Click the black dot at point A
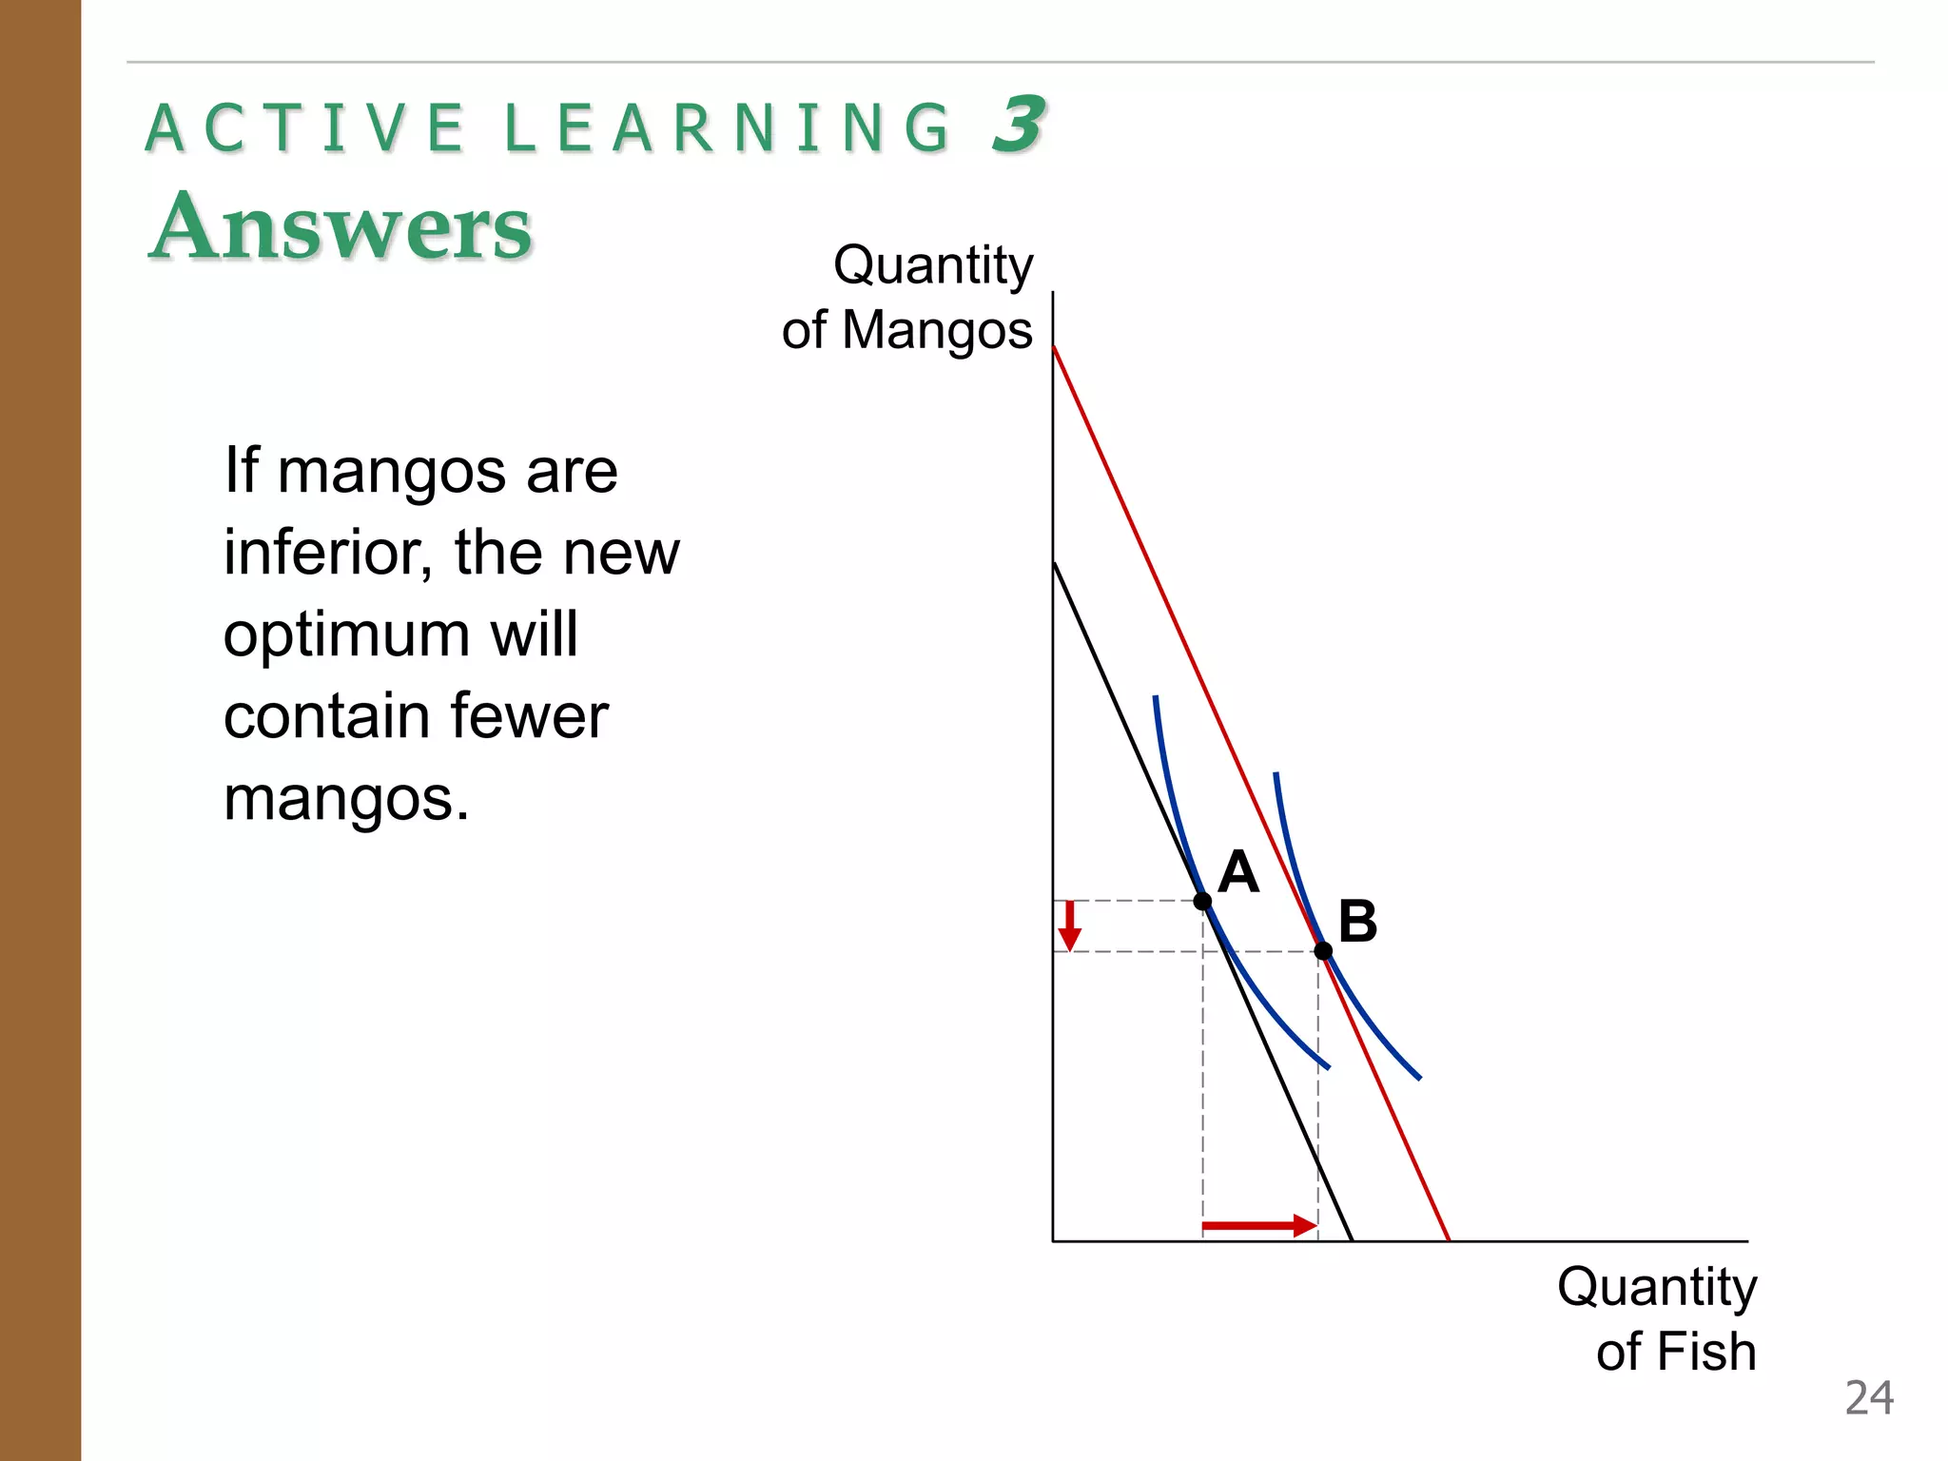[1202, 901]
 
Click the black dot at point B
[1322, 950]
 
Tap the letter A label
[1238, 871]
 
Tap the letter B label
[1357, 921]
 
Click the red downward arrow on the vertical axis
[1070, 925]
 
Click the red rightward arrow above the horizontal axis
[1258, 1225]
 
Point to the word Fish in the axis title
[1708, 1352]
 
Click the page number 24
[1868, 1398]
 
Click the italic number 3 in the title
[1018, 125]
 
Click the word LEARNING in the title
[727, 128]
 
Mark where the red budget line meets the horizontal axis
[1449, 1240]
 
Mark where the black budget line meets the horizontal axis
[1352, 1240]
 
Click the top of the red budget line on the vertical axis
[1054, 349]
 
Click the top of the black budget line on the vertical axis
[1054, 565]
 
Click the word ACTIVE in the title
[305, 128]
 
